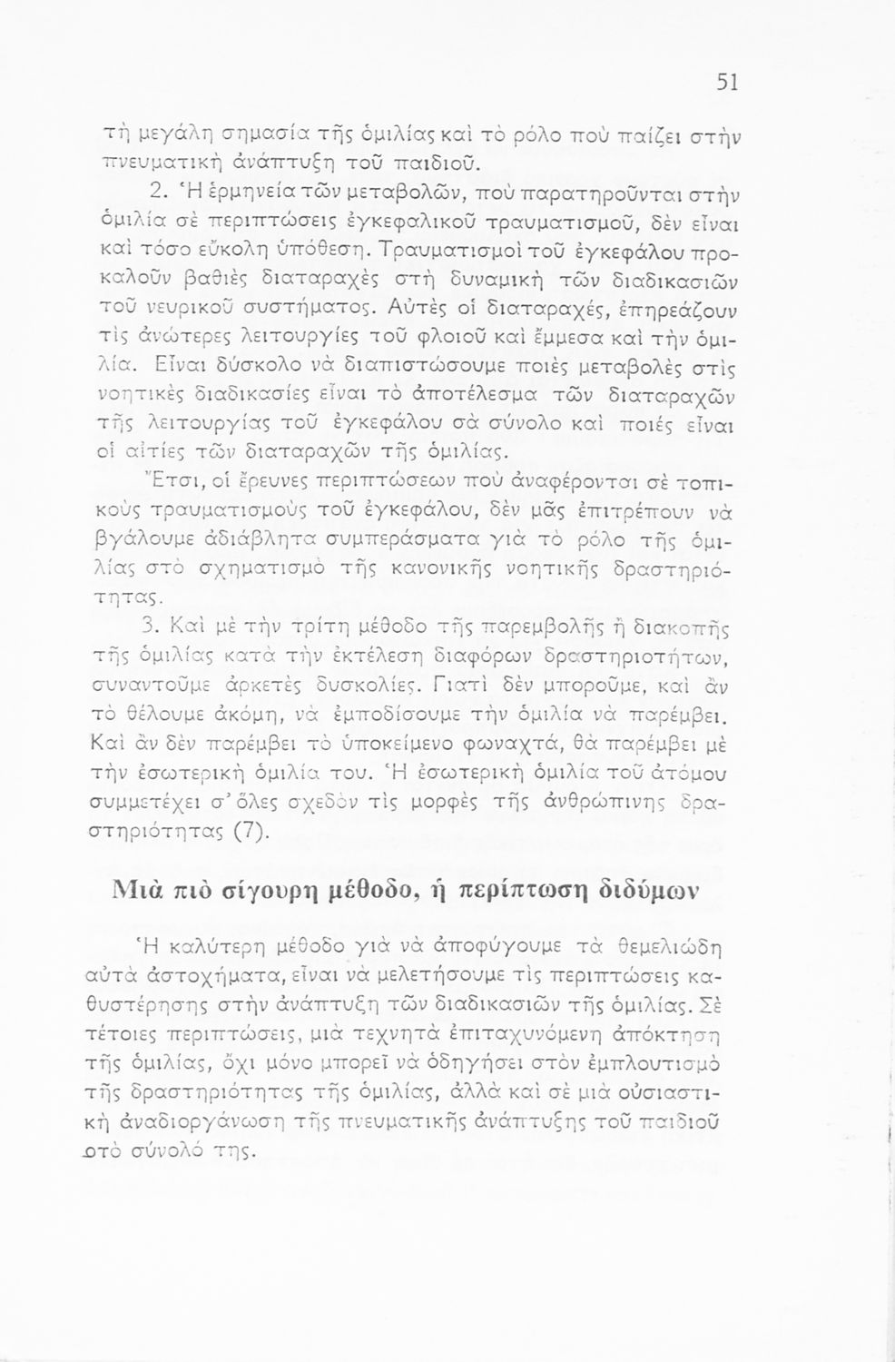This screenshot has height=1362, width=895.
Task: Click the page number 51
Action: click(x=727, y=83)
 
